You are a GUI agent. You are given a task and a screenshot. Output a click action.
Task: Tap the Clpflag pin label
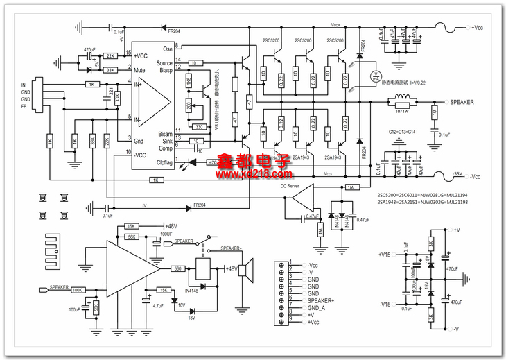tap(164, 163)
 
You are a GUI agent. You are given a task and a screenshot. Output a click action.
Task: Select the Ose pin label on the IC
tap(167, 49)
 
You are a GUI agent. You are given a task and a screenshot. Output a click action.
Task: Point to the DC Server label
tap(290, 187)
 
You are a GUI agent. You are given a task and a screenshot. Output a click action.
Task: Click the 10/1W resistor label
tap(402, 111)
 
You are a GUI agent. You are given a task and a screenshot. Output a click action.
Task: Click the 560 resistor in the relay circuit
tap(177, 268)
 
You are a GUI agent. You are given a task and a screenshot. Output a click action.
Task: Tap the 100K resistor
tap(77, 289)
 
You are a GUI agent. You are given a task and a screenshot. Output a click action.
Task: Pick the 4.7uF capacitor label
tap(158, 305)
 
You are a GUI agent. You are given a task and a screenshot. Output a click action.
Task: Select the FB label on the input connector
tap(25, 107)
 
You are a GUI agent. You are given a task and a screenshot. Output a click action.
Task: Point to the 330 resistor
tap(198, 126)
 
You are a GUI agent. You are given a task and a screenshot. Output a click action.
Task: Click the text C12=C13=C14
tap(401, 131)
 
